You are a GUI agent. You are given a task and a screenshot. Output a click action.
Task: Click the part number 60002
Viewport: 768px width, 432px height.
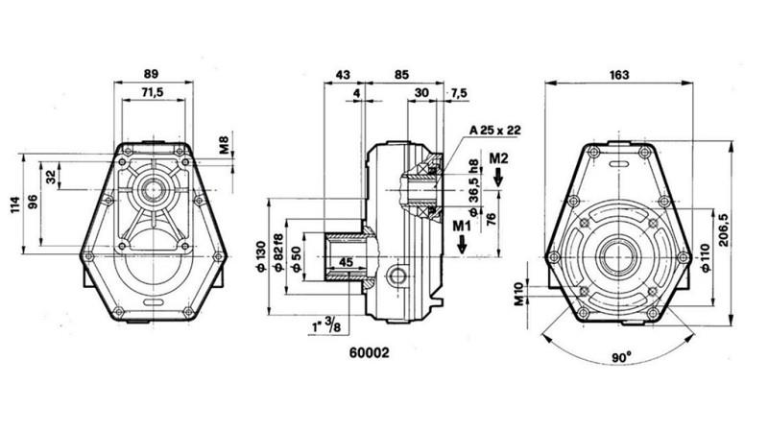368,351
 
